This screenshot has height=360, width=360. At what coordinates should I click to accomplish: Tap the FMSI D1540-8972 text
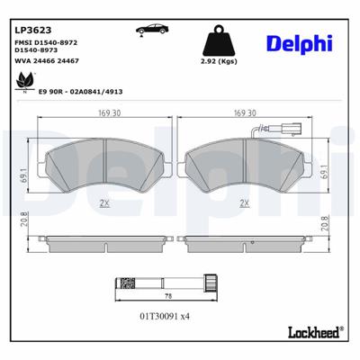pos(50,41)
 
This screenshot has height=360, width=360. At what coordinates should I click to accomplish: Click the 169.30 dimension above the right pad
pos(246,113)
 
